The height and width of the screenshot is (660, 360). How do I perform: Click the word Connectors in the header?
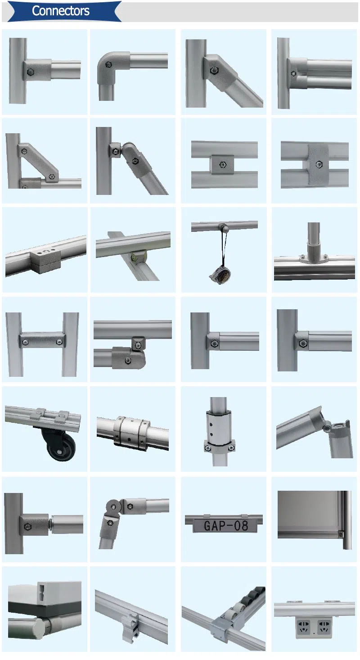point(60,11)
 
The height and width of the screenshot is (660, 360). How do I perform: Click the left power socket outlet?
point(305,627)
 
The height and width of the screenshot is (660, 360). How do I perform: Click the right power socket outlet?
point(324,627)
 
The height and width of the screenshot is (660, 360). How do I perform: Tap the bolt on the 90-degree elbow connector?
point(108,64)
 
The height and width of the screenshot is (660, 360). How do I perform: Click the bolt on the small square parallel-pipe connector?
point(221,165)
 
